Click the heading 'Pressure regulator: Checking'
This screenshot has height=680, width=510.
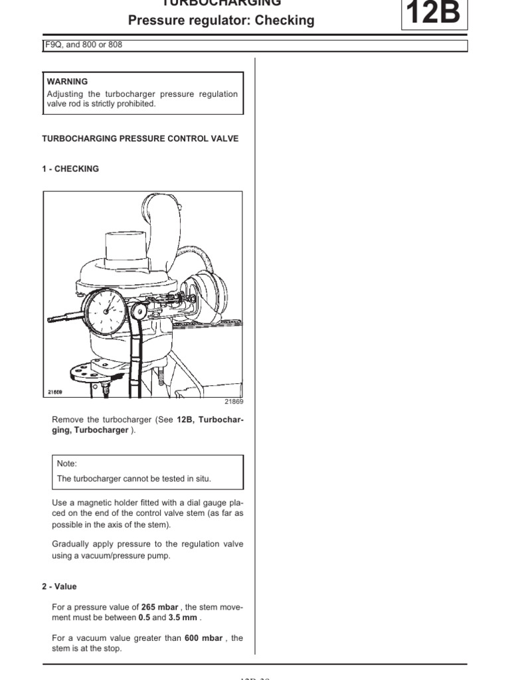point(221,21)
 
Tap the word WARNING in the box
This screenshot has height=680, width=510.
point(68,82)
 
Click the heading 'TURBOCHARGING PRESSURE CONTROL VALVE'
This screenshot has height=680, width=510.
point(140,139)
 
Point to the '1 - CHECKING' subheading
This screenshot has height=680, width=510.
point(70,169)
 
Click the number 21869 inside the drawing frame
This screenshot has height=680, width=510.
point(55,392)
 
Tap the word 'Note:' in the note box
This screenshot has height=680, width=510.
point(67,464)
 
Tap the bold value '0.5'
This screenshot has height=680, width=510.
point(145,617)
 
